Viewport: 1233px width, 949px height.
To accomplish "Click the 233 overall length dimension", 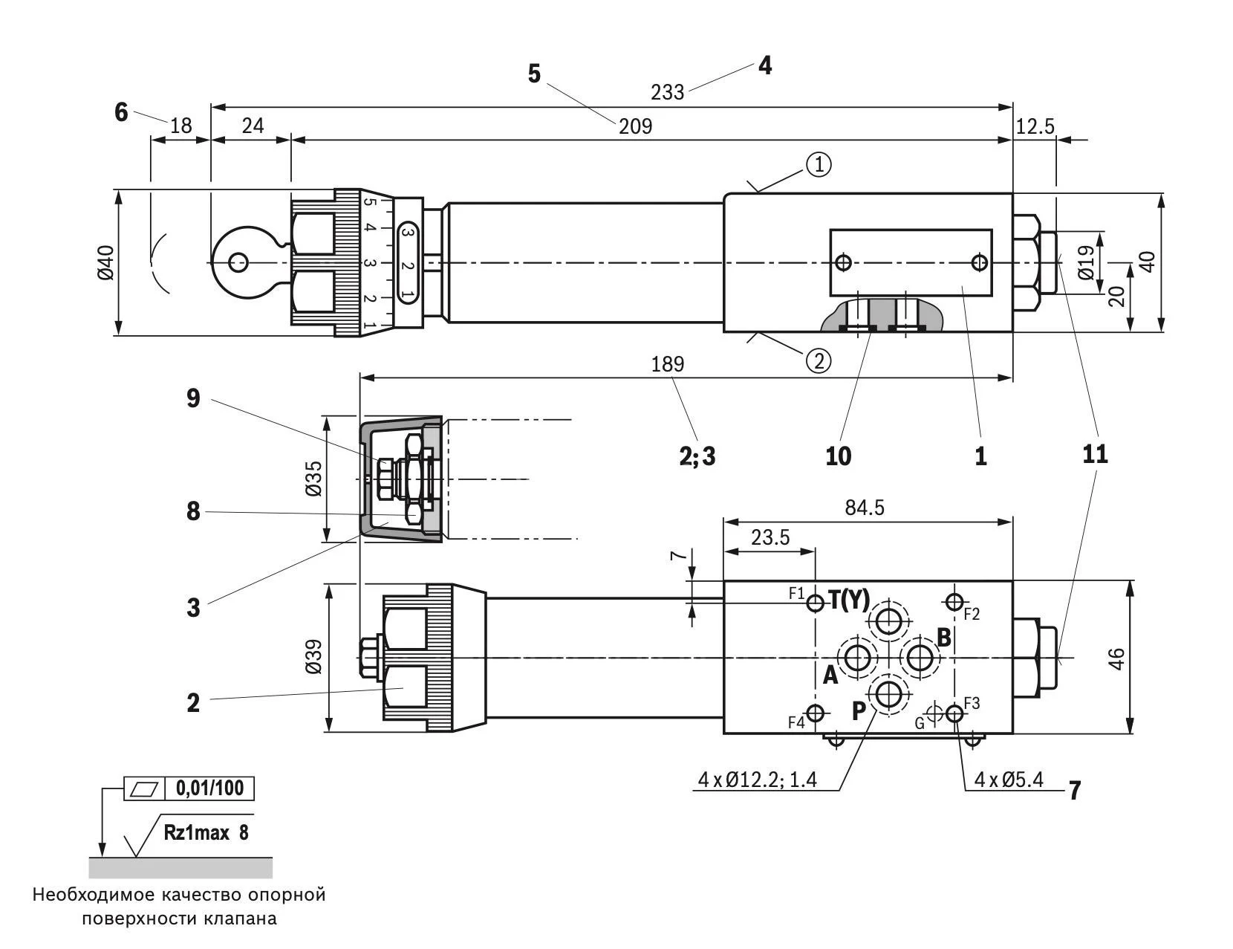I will click(667, 92).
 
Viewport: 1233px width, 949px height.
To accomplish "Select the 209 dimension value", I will click(635, 126).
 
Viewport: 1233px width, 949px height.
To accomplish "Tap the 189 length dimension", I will click(667, 364).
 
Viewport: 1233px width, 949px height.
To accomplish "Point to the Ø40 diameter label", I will click(105, 263).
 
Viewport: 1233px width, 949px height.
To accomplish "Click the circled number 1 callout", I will click(819, 165).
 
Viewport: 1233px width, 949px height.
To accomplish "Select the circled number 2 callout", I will click(819, 361).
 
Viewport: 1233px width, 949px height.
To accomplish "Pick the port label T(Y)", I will click(848, 599).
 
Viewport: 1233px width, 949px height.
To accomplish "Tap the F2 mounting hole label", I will click(972, 614).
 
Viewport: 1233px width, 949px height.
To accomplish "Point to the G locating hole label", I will click(920, 722).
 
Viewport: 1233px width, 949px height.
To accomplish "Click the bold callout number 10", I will click(838, 456).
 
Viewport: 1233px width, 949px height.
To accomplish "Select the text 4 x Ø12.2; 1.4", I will click(757, 780).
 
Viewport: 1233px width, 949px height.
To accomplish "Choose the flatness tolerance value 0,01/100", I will click(210, 788).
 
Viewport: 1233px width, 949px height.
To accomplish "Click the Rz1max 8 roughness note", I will click(206, 832).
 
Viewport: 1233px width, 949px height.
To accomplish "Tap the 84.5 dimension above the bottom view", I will click(865, 508).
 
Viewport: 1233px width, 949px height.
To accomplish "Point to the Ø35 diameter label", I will click(313, 479).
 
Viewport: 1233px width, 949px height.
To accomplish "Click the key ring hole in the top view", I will click(238, 262).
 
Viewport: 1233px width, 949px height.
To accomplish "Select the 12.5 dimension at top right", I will click(1035, 126).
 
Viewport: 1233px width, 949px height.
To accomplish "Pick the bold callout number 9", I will click(193, 399).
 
